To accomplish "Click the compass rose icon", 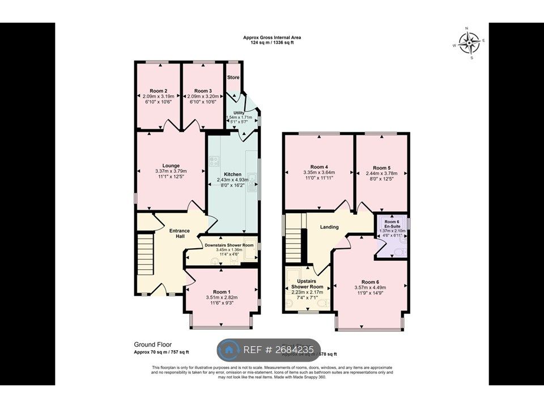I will (x=469, y=42).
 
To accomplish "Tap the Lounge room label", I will (x=171, y=165).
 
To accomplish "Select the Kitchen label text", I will (x=232, y=174).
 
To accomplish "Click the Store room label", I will (x=233, y=77).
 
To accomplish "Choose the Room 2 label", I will (x=158, y=91).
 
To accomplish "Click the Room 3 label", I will (x=202, y=91).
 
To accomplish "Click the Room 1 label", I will (x=221, y=291).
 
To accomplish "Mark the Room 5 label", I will (x=381, y=167).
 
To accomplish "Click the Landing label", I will (x=329, y=227).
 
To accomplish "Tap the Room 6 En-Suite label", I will (x=392, y=224).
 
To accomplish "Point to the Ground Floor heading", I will (x=152, y=344).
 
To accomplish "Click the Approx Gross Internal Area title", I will (x=272, y=37).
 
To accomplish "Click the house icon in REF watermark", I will (x=229, y=350).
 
